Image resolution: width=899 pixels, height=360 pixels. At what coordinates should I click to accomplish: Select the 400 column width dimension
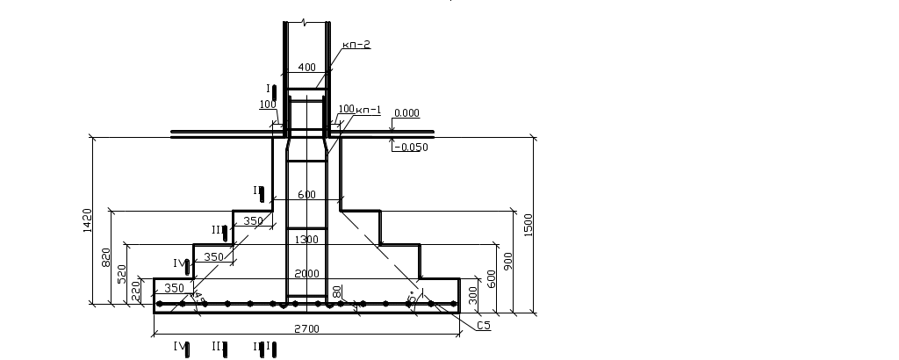pyautogui.click(x=306, y=68)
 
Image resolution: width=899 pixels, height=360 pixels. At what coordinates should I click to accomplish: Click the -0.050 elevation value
pyautogui.click(x=414, y=148)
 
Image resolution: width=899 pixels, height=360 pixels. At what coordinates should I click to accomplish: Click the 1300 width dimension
pyautogui.click(x=306, y=239)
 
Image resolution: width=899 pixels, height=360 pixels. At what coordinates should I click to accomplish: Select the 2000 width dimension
pyautogui.click(x=306, y=273)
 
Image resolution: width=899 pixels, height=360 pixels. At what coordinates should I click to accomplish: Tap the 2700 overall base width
pyautogui.click(x=306, y=328)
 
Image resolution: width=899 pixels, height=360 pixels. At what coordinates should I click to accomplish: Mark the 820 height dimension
pyautogui.click(x=106, y=258)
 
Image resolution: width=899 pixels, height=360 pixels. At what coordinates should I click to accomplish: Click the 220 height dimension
pyautogui.click(x=136, y=291)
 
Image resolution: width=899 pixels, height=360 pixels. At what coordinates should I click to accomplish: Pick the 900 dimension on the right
pyautogui.click(x=507, y=260)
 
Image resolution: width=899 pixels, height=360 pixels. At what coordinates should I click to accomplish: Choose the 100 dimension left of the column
pyautogui.click(x=267, y=105)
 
